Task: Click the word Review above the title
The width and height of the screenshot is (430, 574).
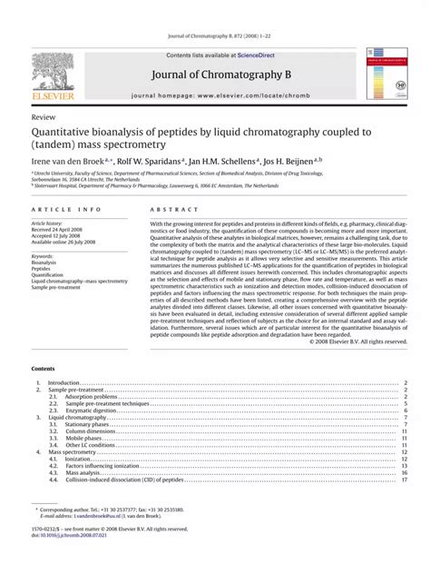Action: point(43,118)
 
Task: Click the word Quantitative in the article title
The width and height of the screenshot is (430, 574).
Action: point(67,133)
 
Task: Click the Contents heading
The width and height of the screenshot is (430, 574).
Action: point(43,370)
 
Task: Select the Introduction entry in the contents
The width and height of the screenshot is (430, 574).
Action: point(64,383)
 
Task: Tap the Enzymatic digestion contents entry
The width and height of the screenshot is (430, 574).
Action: point(93,411)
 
